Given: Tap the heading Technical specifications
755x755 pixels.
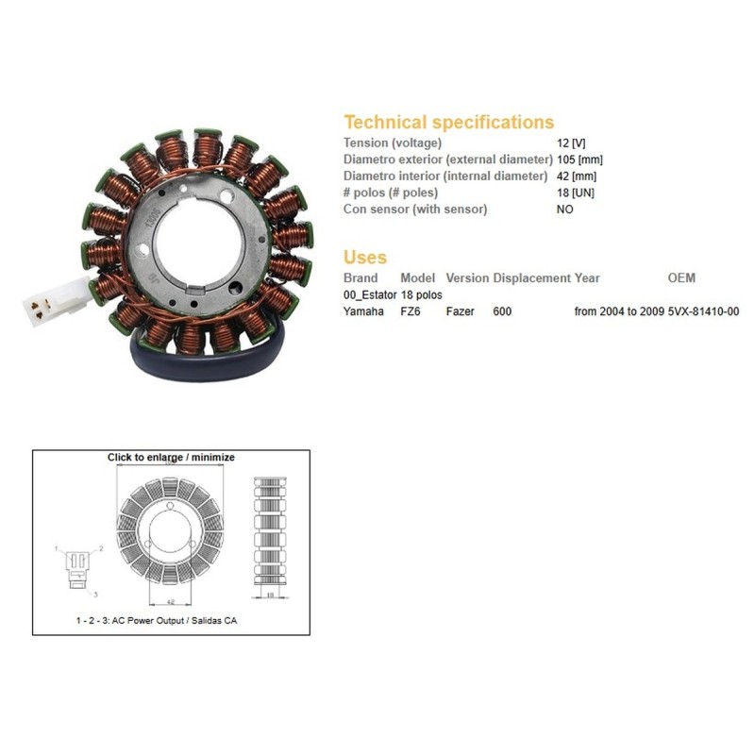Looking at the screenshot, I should click(448, 122).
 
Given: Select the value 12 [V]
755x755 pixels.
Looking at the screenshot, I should click(572, 142).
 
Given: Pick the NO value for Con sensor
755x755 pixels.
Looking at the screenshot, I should click(565, 210).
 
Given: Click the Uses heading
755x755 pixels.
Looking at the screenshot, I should click(365, 257).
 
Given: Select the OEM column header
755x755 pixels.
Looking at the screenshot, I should click(681, 278).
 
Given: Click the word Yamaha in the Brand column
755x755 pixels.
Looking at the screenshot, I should click(363, 310).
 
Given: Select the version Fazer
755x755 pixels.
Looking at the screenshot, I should click(461, 310).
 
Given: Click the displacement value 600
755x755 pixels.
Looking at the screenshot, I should click(502, 310).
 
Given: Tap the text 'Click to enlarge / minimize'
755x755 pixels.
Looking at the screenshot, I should click(171, 457).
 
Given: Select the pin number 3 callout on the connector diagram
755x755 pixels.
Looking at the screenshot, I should click(94, 596).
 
